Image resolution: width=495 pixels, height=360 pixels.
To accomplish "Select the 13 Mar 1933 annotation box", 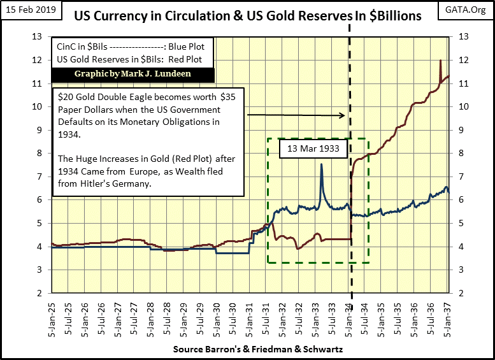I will click(313, 151).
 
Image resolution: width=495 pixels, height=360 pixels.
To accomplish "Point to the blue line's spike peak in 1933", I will click(322, 164).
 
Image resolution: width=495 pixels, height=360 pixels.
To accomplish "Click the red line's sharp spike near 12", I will click(441, 61).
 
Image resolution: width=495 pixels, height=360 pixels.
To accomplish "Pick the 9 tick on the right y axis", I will click(457, 129).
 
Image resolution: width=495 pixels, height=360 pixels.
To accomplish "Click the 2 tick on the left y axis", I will click(39, 293).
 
